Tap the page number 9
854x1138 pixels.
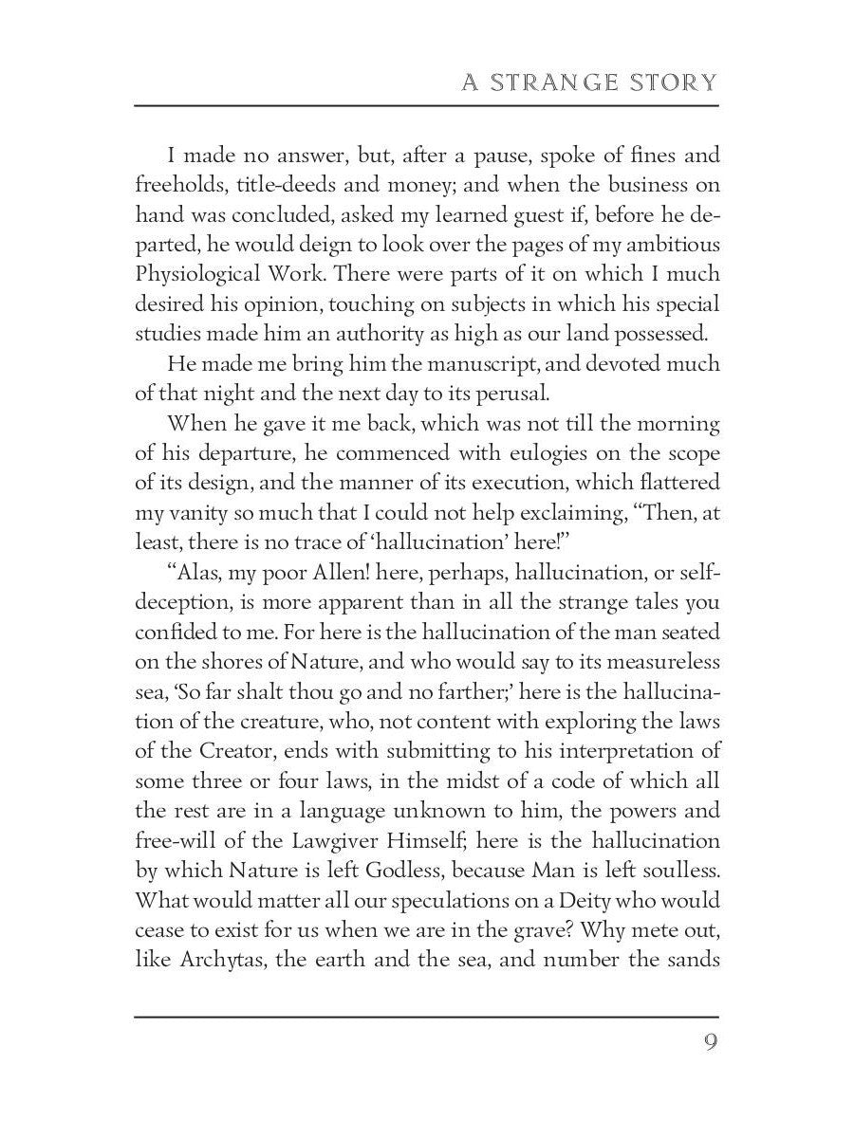coord(710,1043)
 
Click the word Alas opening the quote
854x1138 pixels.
coord(195,575)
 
